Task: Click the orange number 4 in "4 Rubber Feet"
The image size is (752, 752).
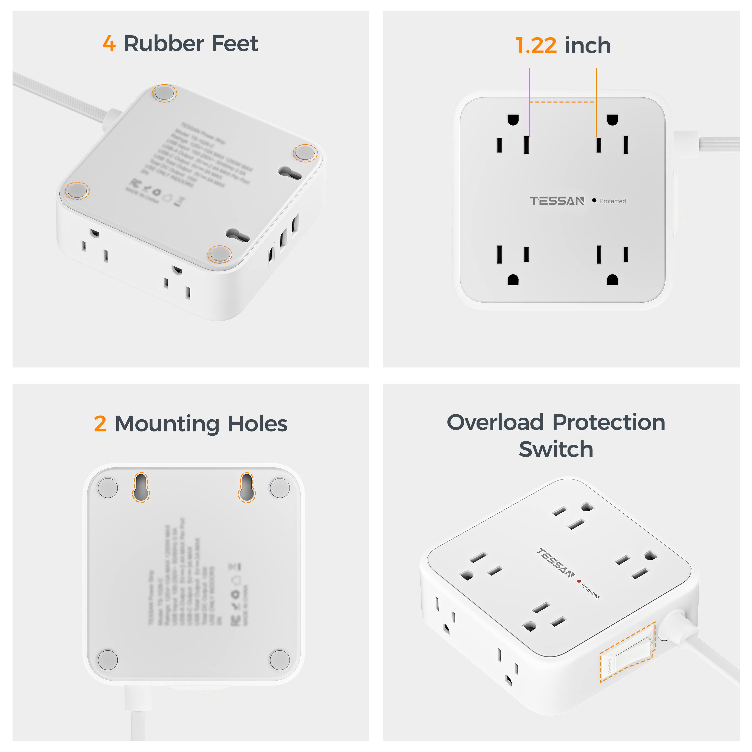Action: click(109, 44)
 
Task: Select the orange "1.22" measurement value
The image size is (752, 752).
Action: click(536, 46)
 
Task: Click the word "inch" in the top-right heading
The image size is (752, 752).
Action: click(588, 46)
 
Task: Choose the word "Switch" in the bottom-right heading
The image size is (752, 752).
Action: click(556, 449)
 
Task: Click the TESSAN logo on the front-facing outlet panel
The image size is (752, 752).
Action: click(557, 201)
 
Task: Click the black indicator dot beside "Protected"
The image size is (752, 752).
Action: click(594, 201)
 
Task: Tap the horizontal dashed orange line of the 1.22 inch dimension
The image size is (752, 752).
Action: click(562, 102)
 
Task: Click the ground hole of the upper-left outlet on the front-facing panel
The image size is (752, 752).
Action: click(513, 120)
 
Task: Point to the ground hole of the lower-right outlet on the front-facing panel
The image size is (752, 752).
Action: click(612, 280)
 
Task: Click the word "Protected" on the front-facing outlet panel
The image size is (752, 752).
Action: click(612, 201)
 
